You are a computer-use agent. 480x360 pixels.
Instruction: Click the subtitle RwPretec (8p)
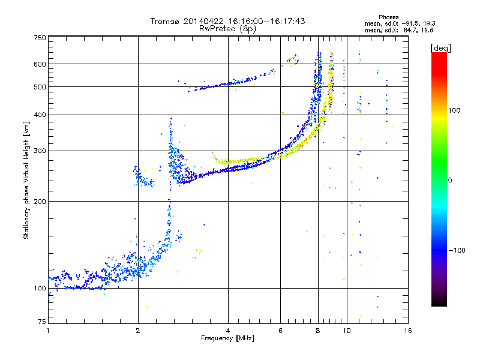pyautogui.click(x=227, y=29)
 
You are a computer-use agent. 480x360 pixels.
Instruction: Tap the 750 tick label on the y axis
pyautogui.click(x=40, y=38)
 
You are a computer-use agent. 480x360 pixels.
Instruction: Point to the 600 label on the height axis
pyautogui.click(x=40, y=64)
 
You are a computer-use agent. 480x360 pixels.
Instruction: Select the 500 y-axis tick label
pyautogui.click(x=40, y=87)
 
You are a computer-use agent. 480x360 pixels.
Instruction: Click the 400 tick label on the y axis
pyautogui.click(x=40, y=115)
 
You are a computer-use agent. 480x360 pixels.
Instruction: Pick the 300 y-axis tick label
pyautogui.click(x=40, y=151)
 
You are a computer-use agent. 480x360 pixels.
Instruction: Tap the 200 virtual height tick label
pyautogui.click(x=40, y=202)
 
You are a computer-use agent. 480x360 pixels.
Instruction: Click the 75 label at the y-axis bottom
pyautogui.click(x=42, y=322)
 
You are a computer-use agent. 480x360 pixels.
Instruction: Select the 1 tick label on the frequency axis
pyautogui.click(x=48, y=331)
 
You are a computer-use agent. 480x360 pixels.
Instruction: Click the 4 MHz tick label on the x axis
pyautogui.click(x=228, y=331)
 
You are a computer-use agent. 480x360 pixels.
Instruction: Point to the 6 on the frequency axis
pyautogui.click(x=280, y=331)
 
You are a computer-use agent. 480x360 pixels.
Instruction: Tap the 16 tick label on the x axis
pyautogui.click(x=408, y=331)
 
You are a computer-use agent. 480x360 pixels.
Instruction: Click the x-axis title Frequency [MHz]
pyautogui.click(x=227, y=338)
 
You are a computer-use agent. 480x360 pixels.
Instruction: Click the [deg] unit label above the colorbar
pyautogui.click(x=440, y=49)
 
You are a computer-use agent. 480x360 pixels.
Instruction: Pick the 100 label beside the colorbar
pyautogui.click(x=454, y=110)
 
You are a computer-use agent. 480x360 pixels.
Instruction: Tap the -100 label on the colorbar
pyautogui.click(x=457, y=250)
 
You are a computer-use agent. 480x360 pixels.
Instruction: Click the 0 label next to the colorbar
pyautogui.click(x=450, y=181)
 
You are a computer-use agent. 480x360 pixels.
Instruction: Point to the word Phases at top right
pyautogui.click(x=388, y=17)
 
